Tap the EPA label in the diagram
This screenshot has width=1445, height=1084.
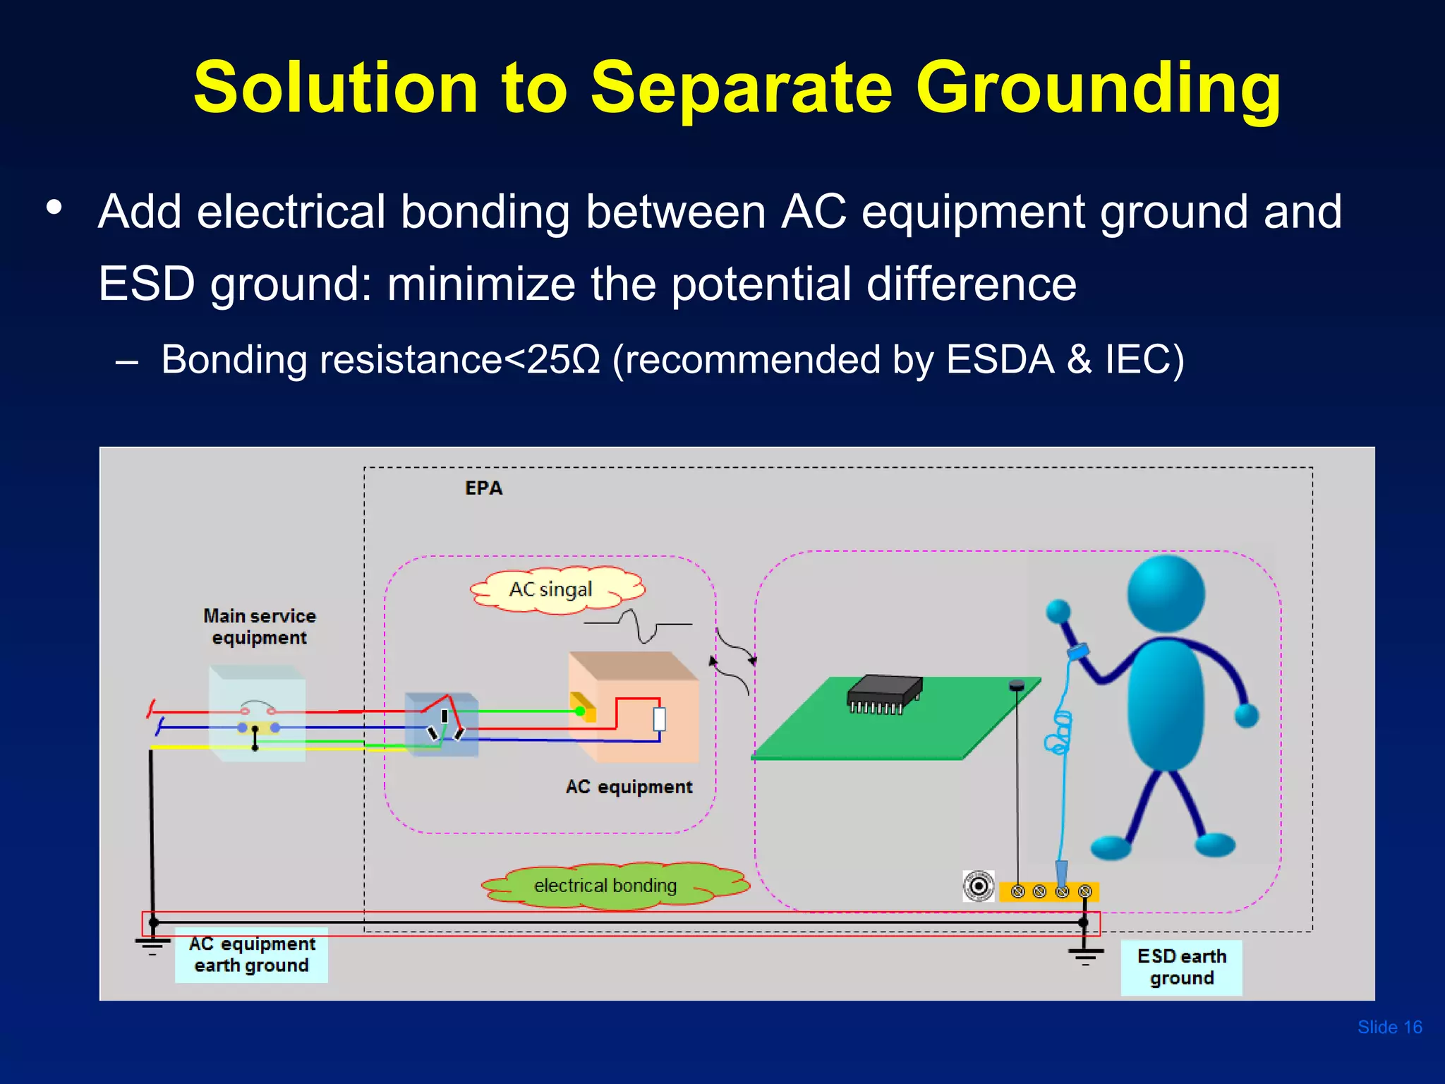click(483, 488)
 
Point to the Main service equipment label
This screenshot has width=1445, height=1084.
click(259, 627)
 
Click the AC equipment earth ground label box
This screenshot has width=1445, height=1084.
click(251, 955)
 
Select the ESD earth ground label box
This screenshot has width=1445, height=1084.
click(1181, 968)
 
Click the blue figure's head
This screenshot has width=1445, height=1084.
click(1166, 593)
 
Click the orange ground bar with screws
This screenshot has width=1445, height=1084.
click(1049, 892)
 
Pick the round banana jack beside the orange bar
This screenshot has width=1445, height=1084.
click(979, 886)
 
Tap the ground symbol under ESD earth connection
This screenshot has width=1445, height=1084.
click(1085, 956)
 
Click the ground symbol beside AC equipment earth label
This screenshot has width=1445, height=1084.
click(152, 946)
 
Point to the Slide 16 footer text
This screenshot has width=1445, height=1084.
click(1389, 1027)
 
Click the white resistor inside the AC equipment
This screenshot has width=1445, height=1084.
click(659, 719)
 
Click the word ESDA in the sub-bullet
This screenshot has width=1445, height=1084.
click(1000, 359)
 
